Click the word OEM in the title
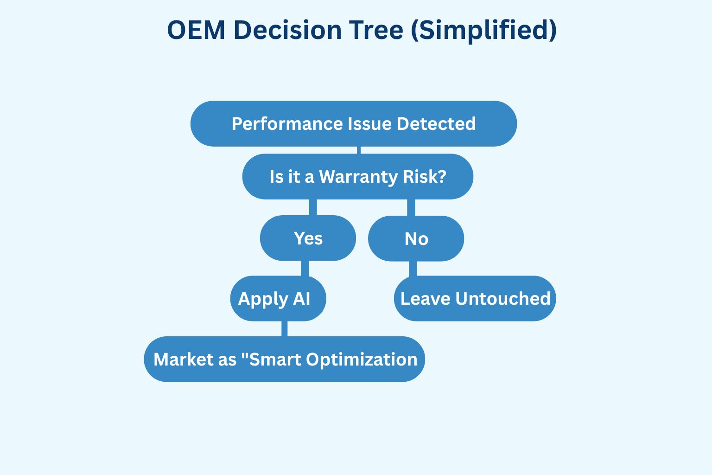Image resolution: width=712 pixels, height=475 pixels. tap(196, 30)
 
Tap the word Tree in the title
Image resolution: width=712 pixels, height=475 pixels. tap(375, 30)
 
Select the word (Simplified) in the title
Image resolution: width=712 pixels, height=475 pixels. tap(483, 31)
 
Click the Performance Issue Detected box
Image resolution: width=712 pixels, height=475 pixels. tap(354, 124)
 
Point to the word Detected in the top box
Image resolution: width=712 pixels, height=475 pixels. tap(436, 124)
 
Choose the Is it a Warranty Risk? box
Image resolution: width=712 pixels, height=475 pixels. tap(357, 177)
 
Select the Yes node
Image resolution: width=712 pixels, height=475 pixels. tap(308, 238)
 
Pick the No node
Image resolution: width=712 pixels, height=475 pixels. tap(416, 239)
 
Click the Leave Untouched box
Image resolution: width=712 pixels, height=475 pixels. tap(475, 299)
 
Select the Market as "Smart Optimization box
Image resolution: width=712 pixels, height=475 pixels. tap(284, 359)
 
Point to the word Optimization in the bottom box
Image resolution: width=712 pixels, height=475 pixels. tap(362, 359)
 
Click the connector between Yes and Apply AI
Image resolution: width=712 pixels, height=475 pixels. tap(305, 269)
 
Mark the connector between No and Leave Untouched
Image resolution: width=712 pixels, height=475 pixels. tap(413, 269)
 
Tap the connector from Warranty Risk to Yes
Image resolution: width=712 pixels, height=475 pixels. tap(313, 207)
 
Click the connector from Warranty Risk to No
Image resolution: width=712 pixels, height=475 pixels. tap(411, 207)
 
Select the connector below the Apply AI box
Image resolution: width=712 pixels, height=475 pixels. tap(284, 328)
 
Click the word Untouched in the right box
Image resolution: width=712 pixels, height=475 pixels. tap(503, 299)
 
